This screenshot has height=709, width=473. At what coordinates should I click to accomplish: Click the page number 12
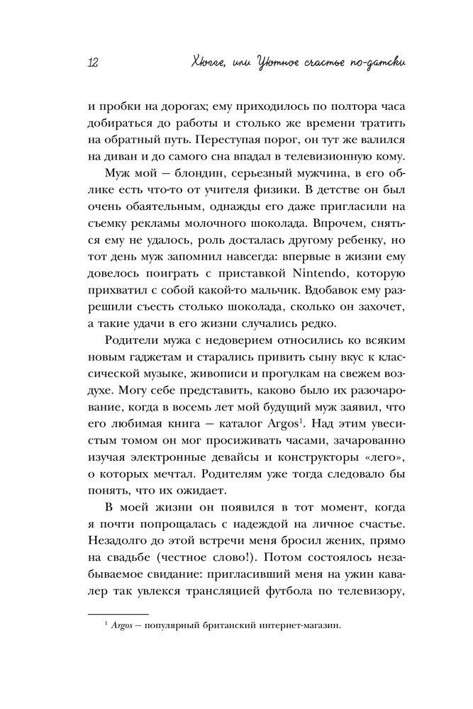(92, 62)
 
